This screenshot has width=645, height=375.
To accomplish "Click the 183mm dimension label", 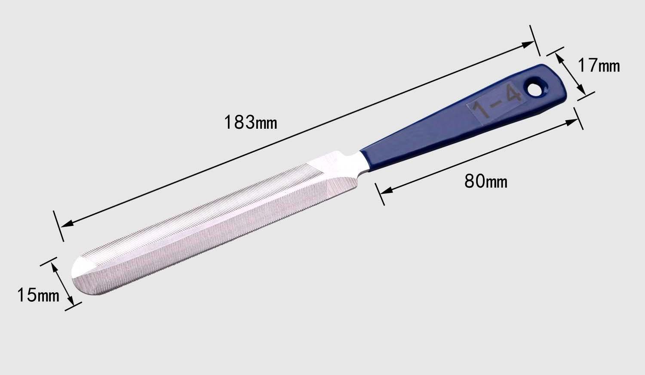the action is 250,122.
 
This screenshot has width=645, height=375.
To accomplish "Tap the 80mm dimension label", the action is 486,182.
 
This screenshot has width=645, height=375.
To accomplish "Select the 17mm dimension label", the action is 599,66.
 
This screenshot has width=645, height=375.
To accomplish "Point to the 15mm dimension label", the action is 38,295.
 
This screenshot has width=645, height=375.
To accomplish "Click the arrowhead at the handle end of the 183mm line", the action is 528,45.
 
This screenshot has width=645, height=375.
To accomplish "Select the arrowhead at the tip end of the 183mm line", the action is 67,223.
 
